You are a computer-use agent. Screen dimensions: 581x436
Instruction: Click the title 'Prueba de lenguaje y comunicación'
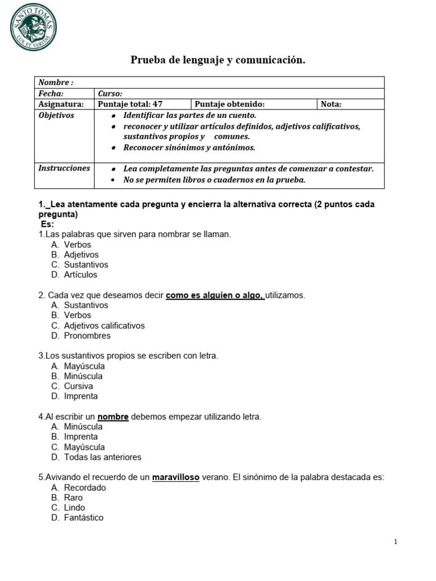tap(218, 60)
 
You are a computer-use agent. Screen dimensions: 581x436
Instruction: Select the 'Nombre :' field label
tap(56, 82)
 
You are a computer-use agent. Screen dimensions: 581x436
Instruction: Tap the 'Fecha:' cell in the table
tap(51, 94)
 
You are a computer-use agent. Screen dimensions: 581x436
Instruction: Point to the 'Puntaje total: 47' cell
tap(130, 104)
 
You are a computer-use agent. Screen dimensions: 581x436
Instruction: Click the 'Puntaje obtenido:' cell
tap(229, 104)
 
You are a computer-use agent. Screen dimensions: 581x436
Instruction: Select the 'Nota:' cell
tap(332, 104)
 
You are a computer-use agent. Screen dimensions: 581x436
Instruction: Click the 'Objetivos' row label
tap(56, 115)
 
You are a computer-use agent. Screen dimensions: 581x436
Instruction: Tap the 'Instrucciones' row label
tap(64, 169)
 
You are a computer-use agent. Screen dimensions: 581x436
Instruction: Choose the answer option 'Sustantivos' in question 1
tap(86, 264)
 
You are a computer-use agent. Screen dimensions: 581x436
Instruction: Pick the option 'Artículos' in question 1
tap(81, 275)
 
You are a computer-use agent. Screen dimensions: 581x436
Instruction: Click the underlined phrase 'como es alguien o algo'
tap(215, 295)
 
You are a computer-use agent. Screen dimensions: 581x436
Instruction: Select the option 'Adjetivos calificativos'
tap(104, 326)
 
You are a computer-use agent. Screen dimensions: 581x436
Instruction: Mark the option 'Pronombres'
tap(87, 336)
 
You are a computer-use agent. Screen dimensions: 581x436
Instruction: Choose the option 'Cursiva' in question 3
tap(78, 386)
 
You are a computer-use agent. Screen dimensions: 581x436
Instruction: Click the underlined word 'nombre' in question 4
tap(113, 416)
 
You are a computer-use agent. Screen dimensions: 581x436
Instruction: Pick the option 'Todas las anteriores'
tap(102, 457)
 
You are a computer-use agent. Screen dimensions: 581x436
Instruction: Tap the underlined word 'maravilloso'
tap(175, 477)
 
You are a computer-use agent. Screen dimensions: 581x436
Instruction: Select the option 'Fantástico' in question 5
tap(83, 518)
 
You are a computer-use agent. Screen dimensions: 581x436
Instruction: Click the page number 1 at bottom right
tap(396, 542)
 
